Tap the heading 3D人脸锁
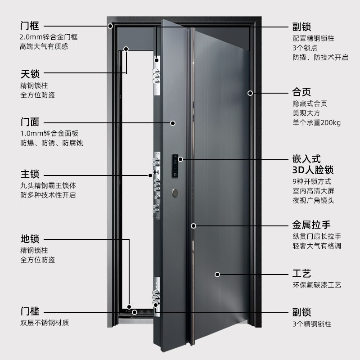pyautogui.click(x=313, y=170)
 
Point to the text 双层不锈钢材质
pyautogui.click(x=45, y=323)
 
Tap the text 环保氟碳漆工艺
pyautogui.click(x=317, y=285)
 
